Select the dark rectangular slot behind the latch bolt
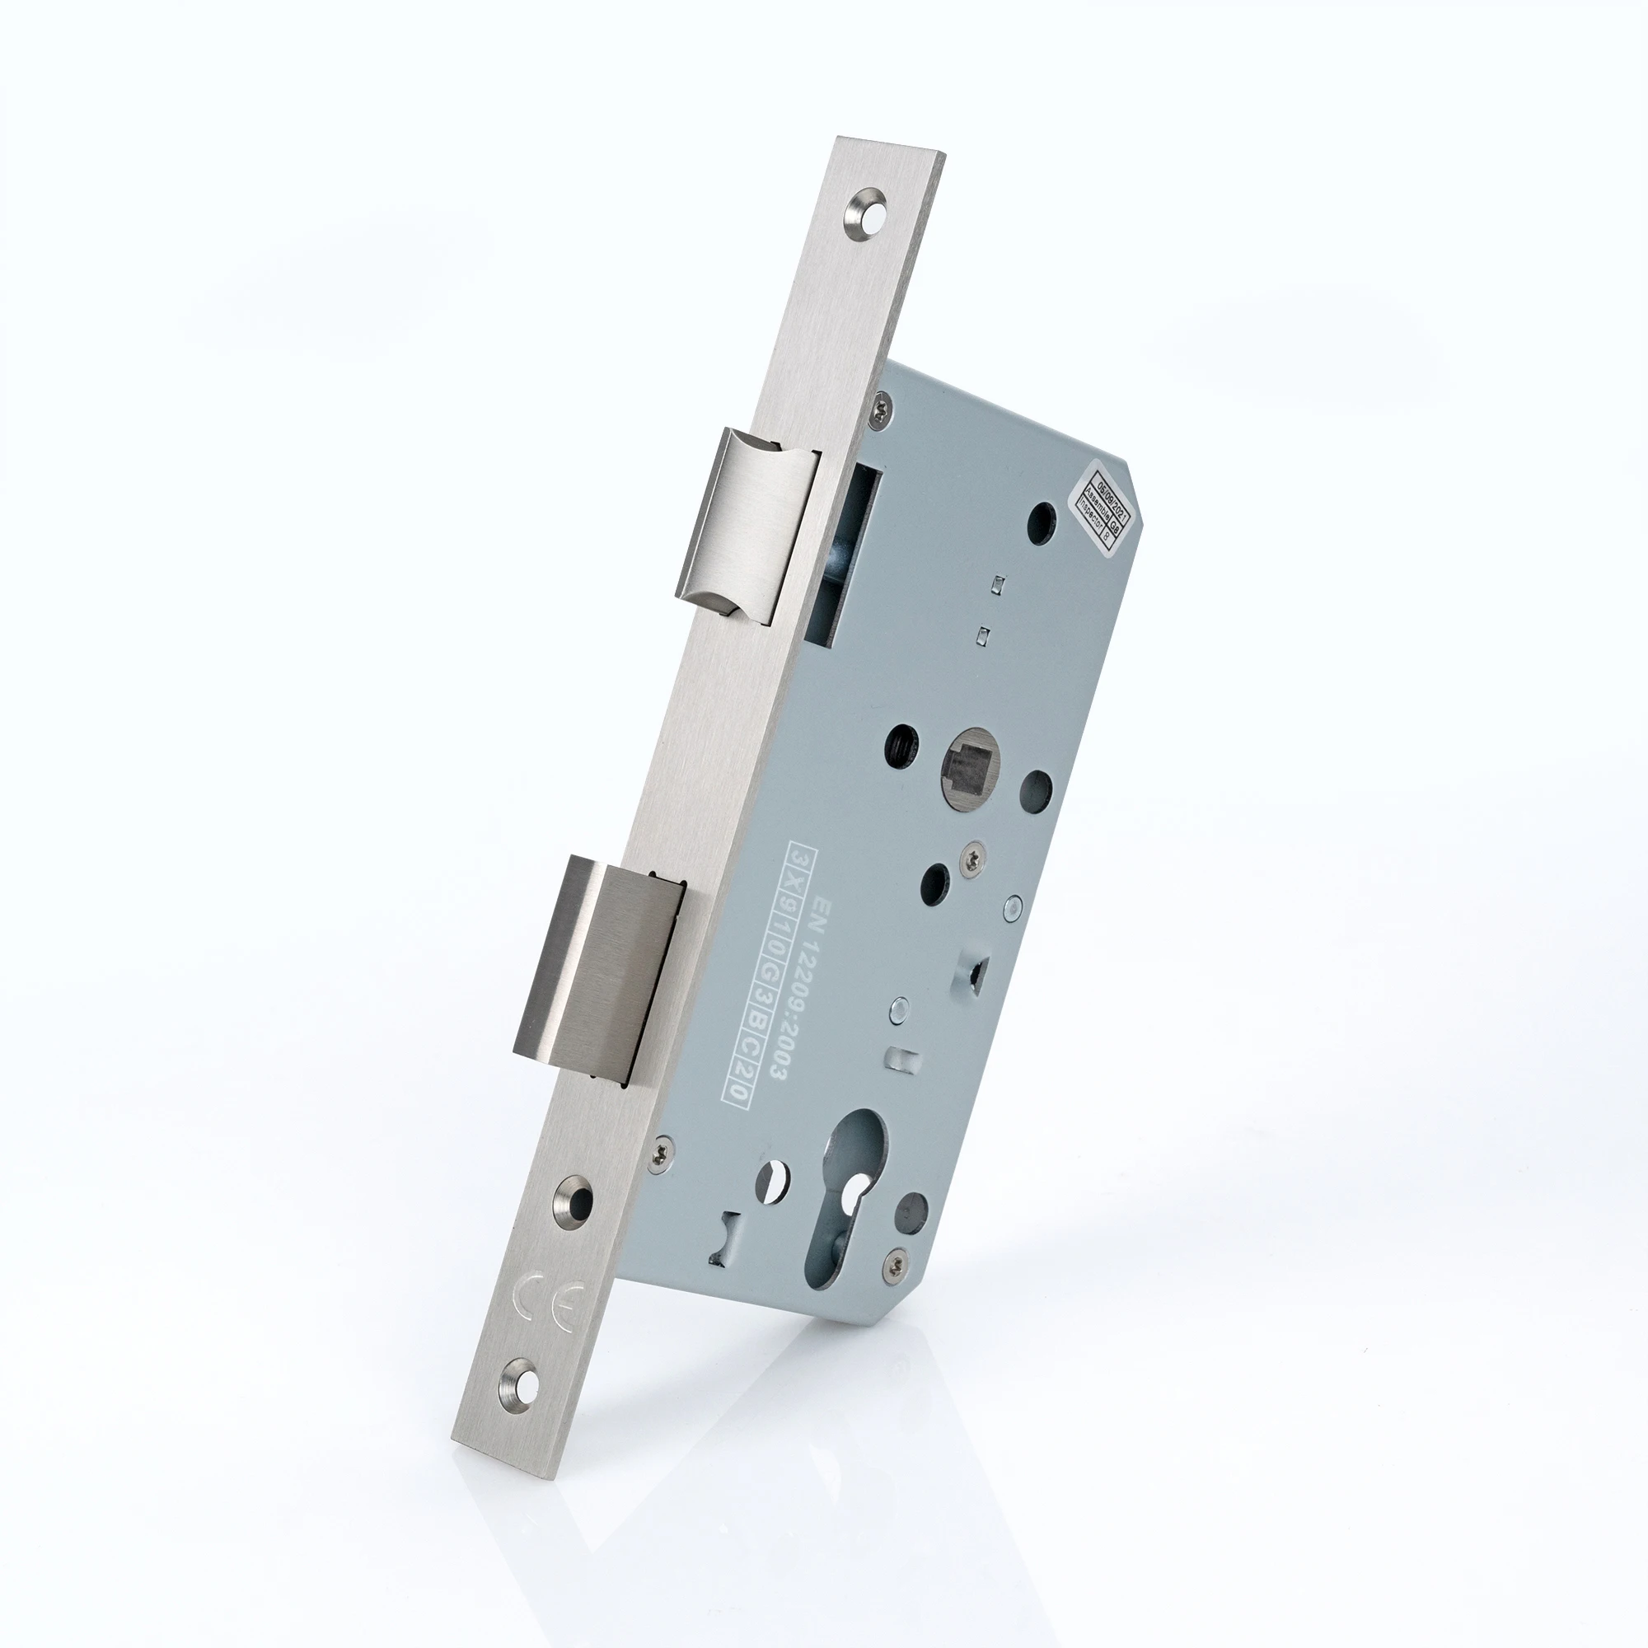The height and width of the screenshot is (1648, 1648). tap(843, 559)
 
